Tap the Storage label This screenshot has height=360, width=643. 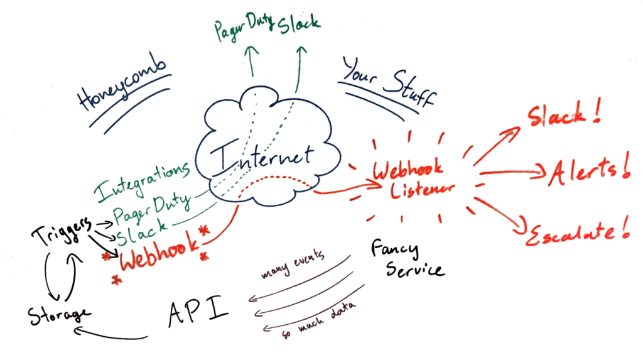pos(60,314)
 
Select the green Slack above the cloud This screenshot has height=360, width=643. pos(299,22)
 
